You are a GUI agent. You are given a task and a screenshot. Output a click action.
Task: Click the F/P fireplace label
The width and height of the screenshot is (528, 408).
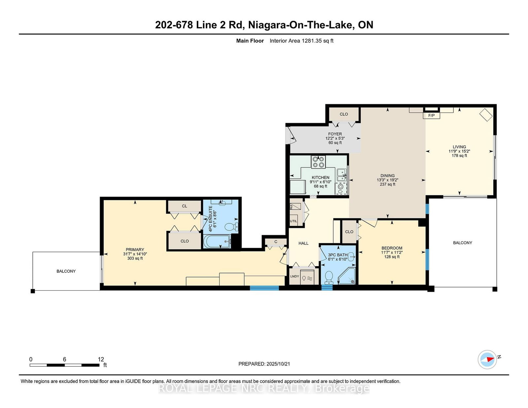(431, 115)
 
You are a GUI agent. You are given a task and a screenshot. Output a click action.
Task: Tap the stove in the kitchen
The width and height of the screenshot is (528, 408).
(318, 162)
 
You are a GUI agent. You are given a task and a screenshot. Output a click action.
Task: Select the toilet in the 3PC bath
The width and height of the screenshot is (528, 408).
(329, 277)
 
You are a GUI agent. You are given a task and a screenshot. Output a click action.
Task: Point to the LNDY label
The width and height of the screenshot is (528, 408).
(294, 276)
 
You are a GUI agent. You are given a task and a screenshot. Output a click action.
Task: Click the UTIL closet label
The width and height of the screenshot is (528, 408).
(293, 221)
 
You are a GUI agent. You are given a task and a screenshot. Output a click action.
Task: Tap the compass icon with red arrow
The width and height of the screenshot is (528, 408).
(487, 360)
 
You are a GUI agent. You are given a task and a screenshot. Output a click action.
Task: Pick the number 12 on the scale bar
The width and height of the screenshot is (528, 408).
(101, 359)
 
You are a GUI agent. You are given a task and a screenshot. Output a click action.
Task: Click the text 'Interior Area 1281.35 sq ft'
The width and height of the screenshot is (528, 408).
(301, 41)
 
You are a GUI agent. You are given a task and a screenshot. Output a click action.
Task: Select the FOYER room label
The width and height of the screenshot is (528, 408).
(335, 134)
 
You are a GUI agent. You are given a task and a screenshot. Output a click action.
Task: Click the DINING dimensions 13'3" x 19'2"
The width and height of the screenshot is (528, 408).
(387, 180)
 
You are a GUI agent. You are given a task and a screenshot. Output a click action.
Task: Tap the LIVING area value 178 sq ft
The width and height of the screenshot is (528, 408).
(459, 155)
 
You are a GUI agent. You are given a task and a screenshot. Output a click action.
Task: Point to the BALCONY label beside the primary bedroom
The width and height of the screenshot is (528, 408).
(66, 271)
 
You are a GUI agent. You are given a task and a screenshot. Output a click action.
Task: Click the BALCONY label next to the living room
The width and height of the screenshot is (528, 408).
(462, 243)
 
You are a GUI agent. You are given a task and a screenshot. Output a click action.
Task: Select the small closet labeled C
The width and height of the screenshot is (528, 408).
(276, 242)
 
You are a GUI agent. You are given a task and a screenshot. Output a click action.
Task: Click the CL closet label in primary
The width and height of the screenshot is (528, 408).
(184, 206)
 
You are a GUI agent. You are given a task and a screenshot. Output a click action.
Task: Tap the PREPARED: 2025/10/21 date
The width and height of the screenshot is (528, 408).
(264, 364)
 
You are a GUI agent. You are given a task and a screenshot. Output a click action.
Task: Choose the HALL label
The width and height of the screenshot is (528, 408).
(303, 243)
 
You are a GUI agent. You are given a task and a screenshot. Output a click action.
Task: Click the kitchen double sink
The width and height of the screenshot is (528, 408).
(341, 175)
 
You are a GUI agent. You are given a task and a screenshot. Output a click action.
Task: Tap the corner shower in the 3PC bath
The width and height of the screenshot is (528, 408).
(348, 277)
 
